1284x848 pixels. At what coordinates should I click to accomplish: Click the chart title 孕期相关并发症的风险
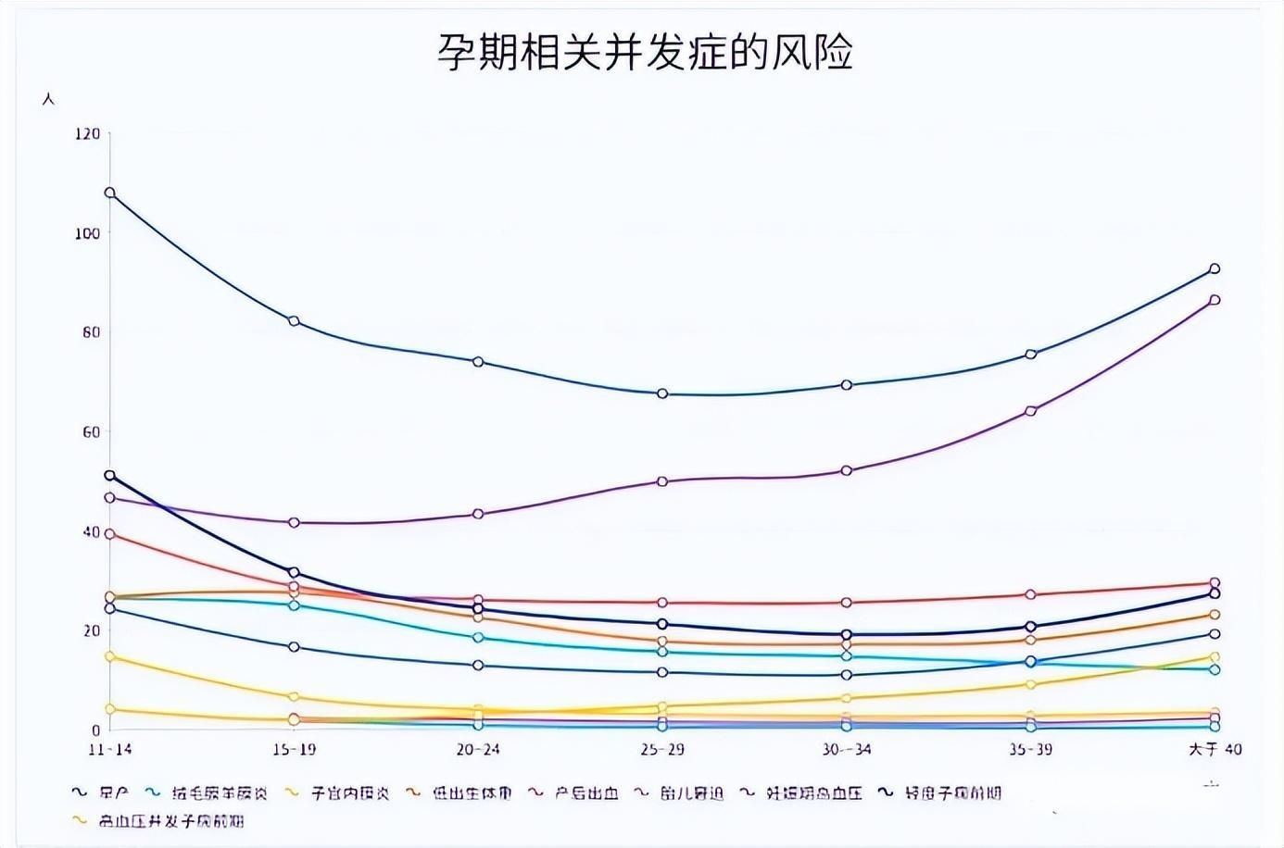[x=645, y=53]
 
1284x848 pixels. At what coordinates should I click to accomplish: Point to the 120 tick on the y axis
[x=88, y=133]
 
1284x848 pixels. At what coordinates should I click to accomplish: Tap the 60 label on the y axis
[x=91, y=431]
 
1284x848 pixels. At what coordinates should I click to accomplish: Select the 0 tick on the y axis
[x=95, y=730]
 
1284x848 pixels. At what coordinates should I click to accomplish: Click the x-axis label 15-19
[x=294, y=749]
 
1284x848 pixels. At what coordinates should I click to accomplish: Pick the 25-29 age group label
[x=662, y=749]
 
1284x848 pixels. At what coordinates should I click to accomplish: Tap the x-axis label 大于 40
[x=1215, y=749]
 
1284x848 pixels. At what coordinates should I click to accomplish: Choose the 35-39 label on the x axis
[x=1030, y=749]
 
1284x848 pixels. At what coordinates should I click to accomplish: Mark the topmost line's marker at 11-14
[x=110, y=193]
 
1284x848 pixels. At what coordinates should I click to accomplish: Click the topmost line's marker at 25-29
[x=662, y=393]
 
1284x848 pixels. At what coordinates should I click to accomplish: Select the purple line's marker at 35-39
[x=1031, y=411]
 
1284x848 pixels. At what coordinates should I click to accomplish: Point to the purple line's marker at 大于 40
[x=1215, y=300]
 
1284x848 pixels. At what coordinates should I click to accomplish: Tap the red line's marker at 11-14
[x=110, y=534]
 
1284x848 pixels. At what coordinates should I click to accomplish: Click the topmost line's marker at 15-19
[x=294, y=321]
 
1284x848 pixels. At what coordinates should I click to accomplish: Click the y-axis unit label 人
[x=48, y=98]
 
